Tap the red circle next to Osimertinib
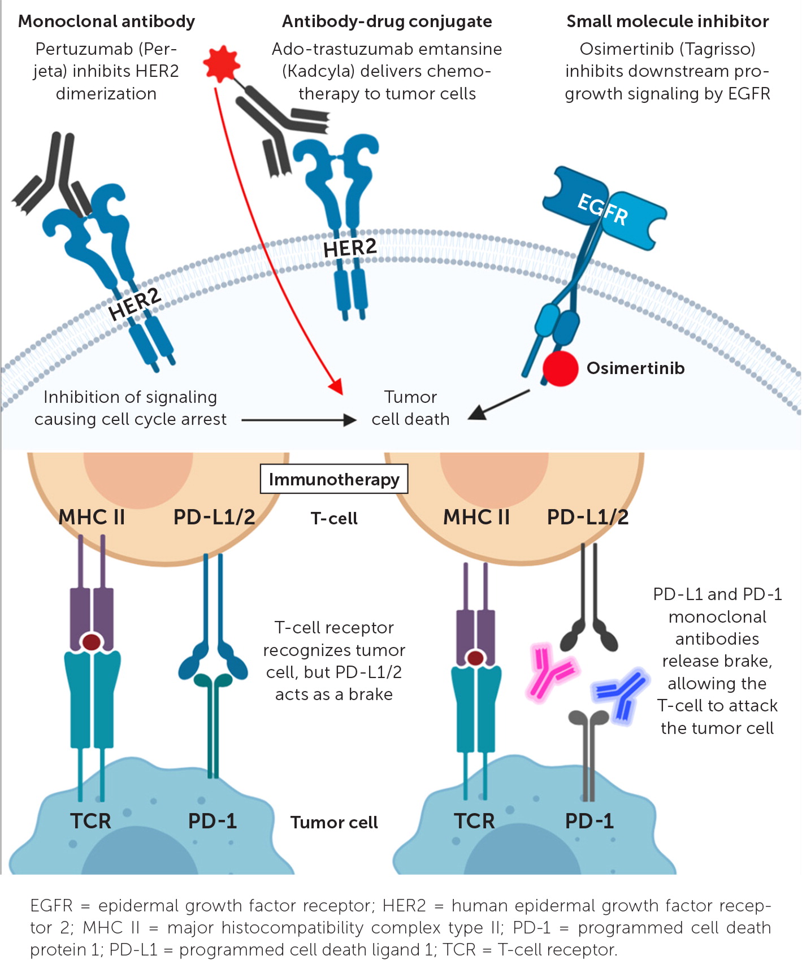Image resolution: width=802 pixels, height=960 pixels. [560, 368]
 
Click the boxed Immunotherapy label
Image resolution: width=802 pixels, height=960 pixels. [333, 479]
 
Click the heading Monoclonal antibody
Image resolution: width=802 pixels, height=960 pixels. [106, 21]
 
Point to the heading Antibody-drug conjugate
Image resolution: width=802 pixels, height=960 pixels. [387, 21]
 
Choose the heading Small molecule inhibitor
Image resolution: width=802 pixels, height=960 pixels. [667, 21]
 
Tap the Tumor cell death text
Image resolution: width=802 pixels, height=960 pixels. [410, 408]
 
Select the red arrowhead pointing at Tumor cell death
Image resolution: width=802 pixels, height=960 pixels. [336, 386]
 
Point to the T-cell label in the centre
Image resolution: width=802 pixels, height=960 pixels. [334, 519]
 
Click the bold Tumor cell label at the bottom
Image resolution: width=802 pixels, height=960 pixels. [334, 823]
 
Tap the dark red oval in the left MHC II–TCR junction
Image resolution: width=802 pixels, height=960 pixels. [92, 642]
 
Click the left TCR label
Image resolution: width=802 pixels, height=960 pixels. [90, 821]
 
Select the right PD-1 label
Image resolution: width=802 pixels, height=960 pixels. [589, 821]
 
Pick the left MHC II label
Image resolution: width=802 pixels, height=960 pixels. [92, 517]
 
